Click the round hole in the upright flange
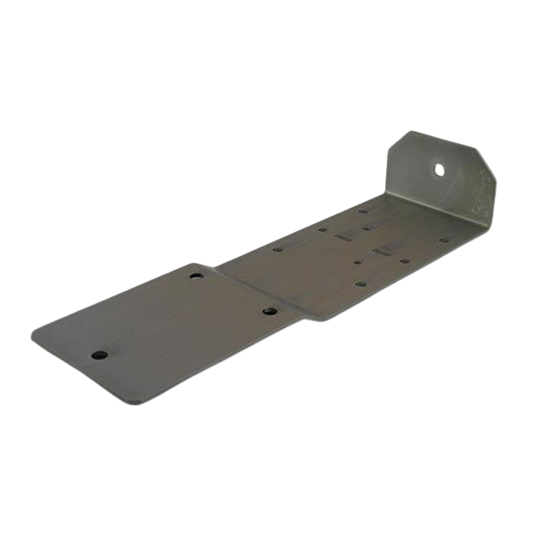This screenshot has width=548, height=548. tap(439, 170)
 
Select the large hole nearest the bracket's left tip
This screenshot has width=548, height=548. tap(100, 354)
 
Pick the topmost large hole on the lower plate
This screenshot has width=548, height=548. tap(196, 277)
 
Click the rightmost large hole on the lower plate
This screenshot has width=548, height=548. tap(268, 312)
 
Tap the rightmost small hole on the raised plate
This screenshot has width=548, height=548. tap(446, 240)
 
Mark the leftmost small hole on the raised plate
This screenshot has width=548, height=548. tap(277, 250)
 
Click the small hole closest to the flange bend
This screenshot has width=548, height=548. tap(364, 211)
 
